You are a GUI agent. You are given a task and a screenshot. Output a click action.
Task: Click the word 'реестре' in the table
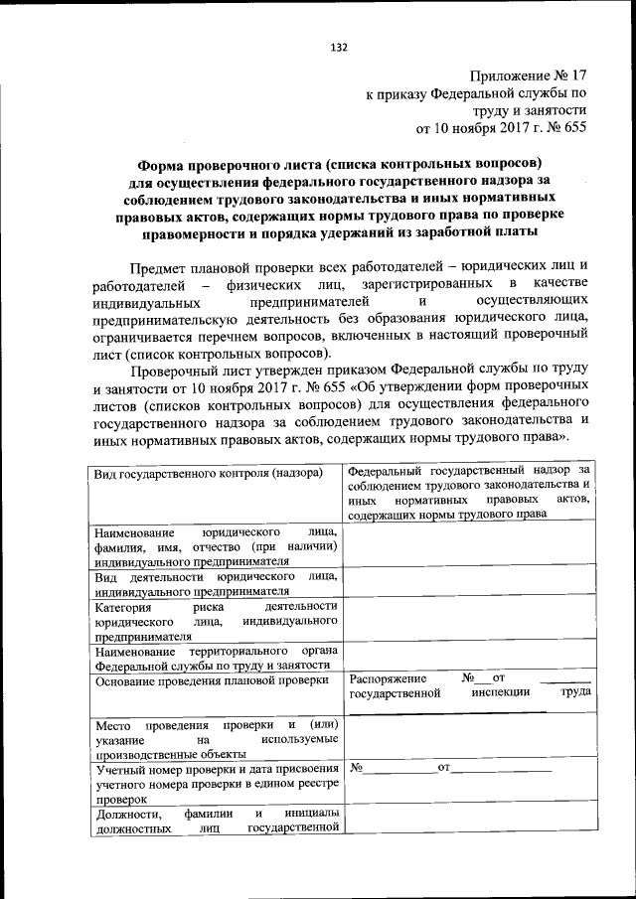click(x=318, y=783)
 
